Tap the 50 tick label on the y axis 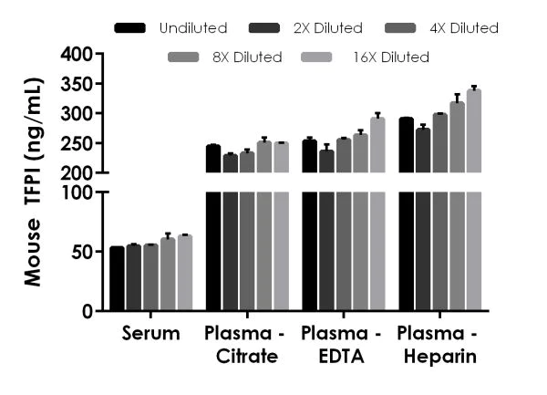click(x=82, y=252)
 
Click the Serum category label click(x=150, y=335)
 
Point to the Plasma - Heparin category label click(x=439, y=345)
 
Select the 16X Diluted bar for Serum click(x=185, y=274)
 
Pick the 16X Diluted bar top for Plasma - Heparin click(x=473, y=90)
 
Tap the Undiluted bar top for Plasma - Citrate click(x=213, y=146)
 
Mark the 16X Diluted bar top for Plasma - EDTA click(x=377, y=118)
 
